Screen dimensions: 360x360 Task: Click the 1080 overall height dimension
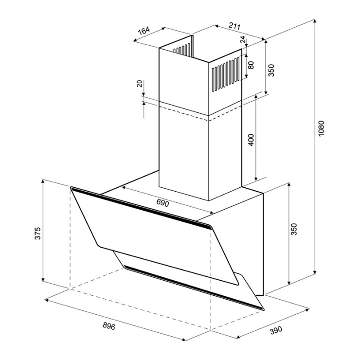321,128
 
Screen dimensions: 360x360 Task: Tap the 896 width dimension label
109,326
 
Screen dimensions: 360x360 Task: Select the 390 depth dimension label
275,330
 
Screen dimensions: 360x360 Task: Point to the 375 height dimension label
37,233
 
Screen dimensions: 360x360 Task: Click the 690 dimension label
162,203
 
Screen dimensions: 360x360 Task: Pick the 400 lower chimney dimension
252,140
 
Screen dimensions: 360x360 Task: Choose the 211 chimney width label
234,27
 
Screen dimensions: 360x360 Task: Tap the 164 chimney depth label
144,31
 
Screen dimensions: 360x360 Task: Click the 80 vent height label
251,65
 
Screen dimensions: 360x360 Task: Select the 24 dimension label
242,39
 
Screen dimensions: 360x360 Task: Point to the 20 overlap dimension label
139,84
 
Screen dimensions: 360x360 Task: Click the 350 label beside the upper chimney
271,70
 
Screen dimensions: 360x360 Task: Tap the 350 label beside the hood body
294,229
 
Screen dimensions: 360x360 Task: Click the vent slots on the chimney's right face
226,74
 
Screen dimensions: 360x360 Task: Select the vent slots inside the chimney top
182,49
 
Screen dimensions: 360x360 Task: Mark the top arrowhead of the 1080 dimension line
315,21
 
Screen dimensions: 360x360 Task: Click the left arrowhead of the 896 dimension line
47,300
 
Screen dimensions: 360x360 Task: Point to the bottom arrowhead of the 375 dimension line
43,279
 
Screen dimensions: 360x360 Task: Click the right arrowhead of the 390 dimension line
307,310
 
